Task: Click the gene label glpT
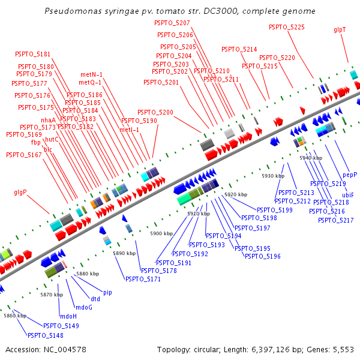pos(340,29)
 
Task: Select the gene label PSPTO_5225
pos(287,27)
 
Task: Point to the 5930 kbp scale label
pos(272,176)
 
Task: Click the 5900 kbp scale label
pos(161,233)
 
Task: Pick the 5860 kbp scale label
pos(14,315)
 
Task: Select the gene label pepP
pos(350,175)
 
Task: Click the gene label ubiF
pos(348,195)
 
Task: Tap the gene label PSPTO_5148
pos(46,335)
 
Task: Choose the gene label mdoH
pos(68,316)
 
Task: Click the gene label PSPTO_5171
pos(143,279)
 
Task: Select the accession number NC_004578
pos(62,349)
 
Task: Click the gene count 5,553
pos(342,349)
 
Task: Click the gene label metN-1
pos(92,74)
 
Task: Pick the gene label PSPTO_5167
pos(24,155)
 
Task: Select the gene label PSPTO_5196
pos(263,256)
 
